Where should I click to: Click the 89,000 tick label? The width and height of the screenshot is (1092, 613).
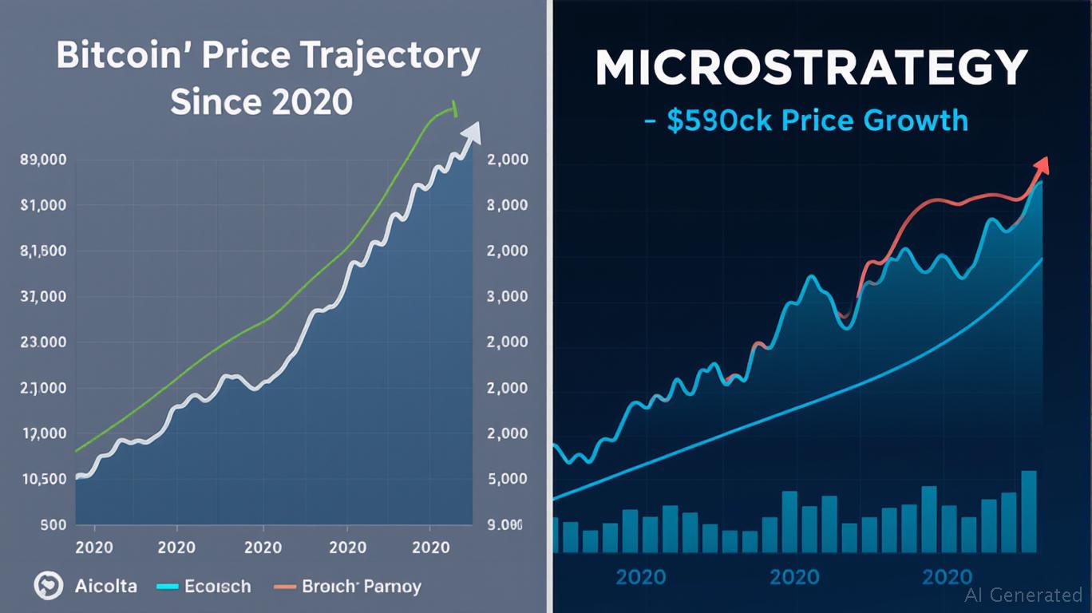point(44,160)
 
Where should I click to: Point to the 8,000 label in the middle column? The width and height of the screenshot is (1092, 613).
point(507,205)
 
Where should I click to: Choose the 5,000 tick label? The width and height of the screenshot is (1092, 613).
point(507,480)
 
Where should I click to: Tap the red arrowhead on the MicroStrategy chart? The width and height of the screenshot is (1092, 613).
point(1041,165)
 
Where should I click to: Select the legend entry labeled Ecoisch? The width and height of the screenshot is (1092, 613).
point(217,587)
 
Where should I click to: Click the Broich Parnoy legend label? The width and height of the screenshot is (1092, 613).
point(362,587)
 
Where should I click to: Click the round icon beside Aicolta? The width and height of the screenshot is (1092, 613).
point(48,587)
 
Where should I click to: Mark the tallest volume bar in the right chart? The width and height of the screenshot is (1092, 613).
point(1029,511)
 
